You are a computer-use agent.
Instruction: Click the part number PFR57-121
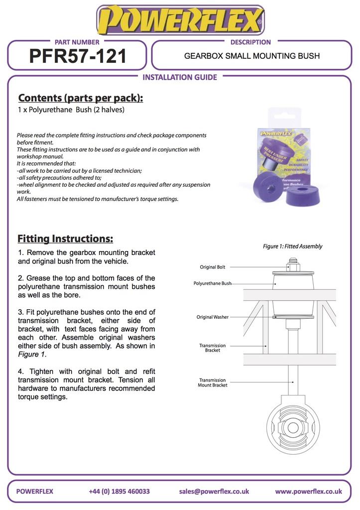[x=78, y=56]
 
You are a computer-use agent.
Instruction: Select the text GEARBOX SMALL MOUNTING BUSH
[x=252, y=56]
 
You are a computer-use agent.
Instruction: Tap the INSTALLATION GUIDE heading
[x=180, y=77]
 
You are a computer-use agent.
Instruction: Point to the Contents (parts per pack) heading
[x=80, y=98]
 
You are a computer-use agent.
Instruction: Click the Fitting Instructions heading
[x=65, y=239]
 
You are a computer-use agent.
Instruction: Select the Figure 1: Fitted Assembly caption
[x=292, y=246]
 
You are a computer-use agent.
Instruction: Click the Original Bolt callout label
[x=213, y=267]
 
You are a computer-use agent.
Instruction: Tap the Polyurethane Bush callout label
[x=213, y=283]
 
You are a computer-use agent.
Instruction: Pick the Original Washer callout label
[x=213, y=317]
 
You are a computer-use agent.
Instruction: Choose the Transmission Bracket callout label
[x=213, y=348]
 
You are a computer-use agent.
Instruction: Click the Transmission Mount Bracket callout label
[x=213, y=382]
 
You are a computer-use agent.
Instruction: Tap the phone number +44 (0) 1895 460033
[x=119, y=491]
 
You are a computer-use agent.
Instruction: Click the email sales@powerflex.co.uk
[x=214, y=491]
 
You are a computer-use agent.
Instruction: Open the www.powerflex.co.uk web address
[x=308, y=491]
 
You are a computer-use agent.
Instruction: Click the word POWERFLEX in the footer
[x=34, y=491]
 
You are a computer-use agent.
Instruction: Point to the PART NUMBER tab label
[x=77, y=42]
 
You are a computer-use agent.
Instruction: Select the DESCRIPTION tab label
[x=250, y=42]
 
